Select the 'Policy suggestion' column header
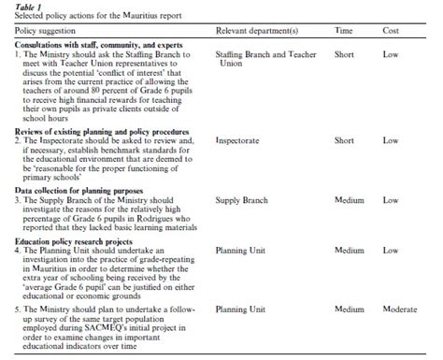click(39, 31)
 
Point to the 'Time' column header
click(343, 31)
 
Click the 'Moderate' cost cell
click(398, 309)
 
